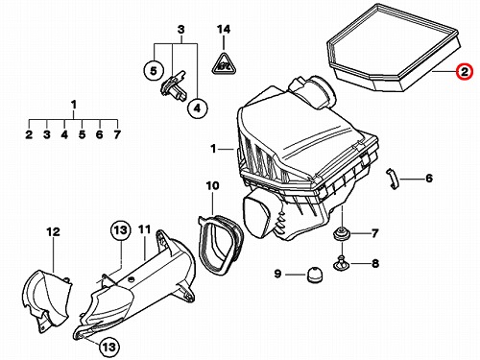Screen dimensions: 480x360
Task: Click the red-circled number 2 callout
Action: click(x=464, y=71)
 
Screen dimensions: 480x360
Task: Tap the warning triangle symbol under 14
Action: click(x=224, y=63)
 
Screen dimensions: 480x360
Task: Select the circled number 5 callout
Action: click(x=154, y=70)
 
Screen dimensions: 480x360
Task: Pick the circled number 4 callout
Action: click(x=197, y=108)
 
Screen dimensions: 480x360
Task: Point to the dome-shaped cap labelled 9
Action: click(x=314, y=275)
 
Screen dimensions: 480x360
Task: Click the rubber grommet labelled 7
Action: click(x=342, y=234)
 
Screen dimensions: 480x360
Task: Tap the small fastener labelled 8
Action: click(x=342, y=263)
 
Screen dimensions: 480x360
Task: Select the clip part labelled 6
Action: click(x=393, y=179)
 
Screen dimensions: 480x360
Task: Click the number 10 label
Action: click(x=213, y=185)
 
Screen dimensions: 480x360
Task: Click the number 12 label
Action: click(x=53, y=231)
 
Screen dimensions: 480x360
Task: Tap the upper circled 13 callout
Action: click(x=121, y=230)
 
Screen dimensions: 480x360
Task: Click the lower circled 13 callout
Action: click(x=108, y=347)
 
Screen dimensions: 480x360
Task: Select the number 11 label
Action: click(x=145, y=229)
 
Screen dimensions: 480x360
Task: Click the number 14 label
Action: click(x=224, y=29)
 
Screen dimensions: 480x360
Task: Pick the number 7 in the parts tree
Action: click(x=117, y=134)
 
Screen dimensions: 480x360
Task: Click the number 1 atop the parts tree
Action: click(x=74, y=105)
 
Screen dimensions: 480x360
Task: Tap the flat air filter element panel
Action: click(x=394, y=48)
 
